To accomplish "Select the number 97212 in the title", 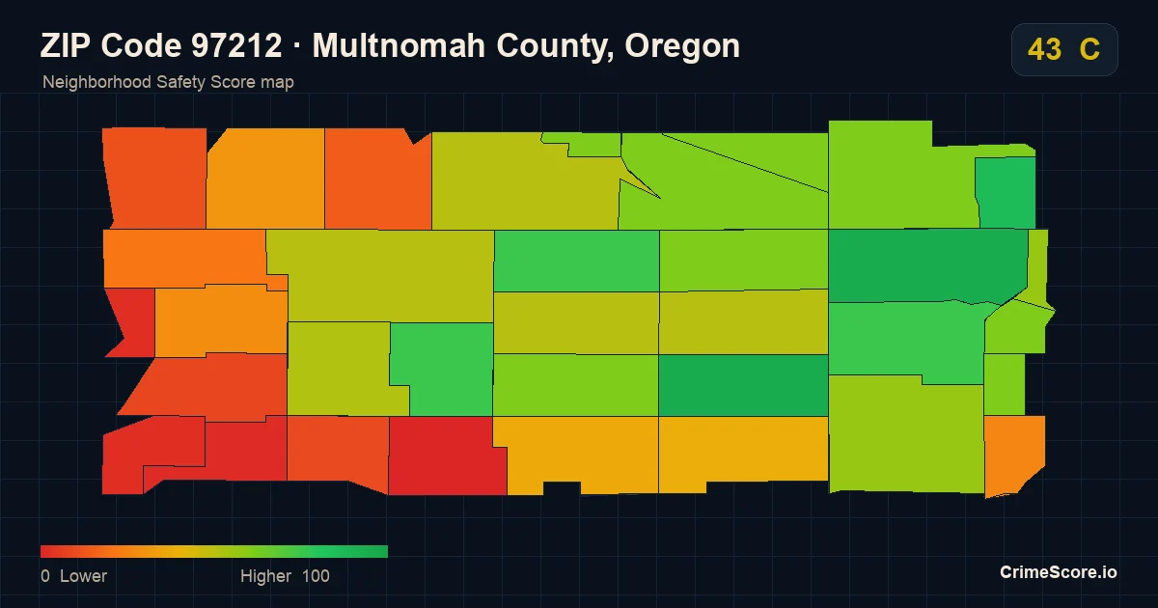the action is coord(236,45).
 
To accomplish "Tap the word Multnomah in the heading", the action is coord(399,45).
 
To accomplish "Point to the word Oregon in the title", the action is coord(682,46).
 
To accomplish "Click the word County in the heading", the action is coord(555,46).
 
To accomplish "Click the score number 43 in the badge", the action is coord(1044,49).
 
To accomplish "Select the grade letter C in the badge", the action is coord(1089,49).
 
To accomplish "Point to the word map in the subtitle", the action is coord(277,83).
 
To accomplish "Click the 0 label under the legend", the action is coord(45,576).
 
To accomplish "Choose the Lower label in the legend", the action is coord(83,576).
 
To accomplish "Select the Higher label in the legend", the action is coord(265,576).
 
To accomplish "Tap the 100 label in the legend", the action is coord(316,576).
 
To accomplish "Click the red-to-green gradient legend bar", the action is coord(214,551).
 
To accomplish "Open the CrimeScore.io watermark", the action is coord(1059,572).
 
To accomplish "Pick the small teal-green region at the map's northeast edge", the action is coord(1006,192).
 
